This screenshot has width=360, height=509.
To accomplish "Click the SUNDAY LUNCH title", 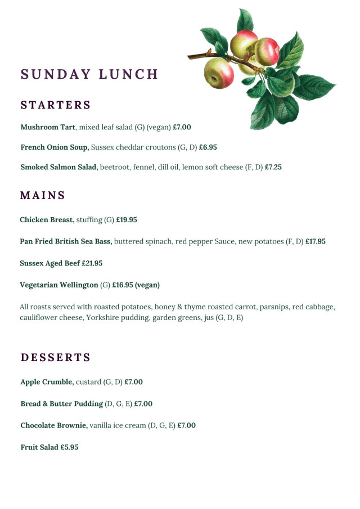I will [x=89, y=75].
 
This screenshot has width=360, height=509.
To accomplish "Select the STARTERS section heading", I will [x=56, y=105].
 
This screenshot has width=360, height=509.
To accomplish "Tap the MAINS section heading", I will [x=43, y=196].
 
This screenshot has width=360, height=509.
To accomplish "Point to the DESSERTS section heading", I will [x=56, y=358].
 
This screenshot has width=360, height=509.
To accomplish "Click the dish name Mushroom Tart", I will [x=48, y=127].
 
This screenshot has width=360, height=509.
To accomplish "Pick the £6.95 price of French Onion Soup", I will [x=208, y=147].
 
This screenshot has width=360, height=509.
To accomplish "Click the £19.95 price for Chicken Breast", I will [x=127, y=220].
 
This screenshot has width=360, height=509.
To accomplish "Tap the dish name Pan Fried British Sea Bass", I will [x=66, y=241].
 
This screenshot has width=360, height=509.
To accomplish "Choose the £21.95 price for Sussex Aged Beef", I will [x=92, y=263].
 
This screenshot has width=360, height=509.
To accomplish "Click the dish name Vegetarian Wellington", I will [x=59, y=285].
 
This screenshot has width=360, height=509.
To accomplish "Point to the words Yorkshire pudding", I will [x=115, y=318].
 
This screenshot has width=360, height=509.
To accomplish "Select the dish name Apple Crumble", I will [x=47, y=382].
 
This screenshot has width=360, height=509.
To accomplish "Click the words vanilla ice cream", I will [x=118, y=426].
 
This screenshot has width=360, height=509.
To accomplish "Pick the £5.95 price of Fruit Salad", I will [x=70, y=448].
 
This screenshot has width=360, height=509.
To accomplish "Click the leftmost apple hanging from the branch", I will [x=218, y=73].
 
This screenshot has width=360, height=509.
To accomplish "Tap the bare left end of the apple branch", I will [x=192, y=56].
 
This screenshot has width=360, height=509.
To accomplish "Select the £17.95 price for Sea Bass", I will [x=316, y=241].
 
